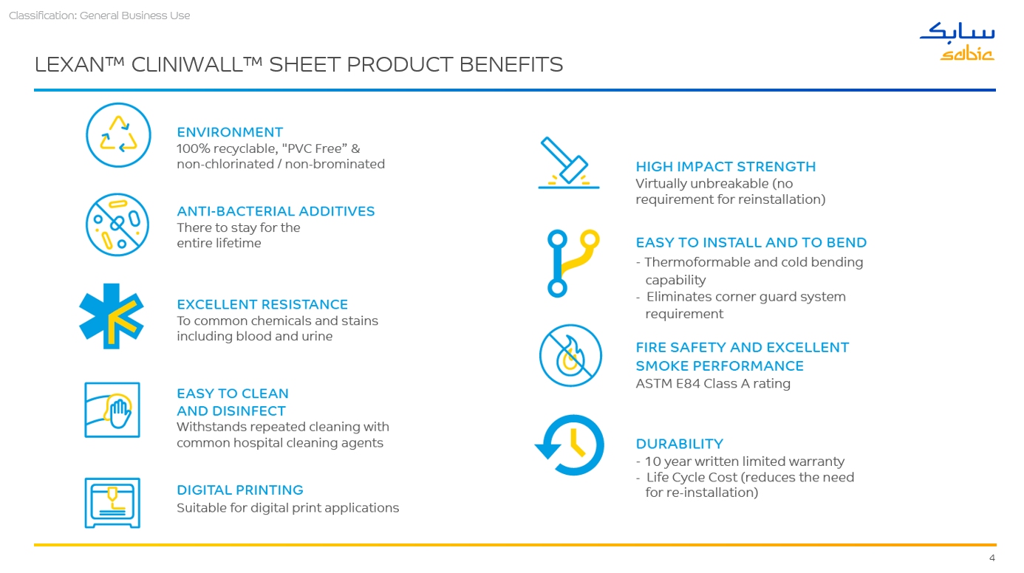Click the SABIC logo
click(x=957, y=41)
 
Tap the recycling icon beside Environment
click(x=118, y=135)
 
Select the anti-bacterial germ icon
click(x=117, y=224)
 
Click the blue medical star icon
click(x=111, y=316)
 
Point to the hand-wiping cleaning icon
click(x=112, y=410)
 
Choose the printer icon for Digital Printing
click(x=112, y=503)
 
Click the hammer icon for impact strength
click(x=569, y=162)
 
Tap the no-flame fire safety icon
click(x=570, y=355)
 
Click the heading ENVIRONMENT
click(x=230, y=132)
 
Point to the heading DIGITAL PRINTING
click(x=240, y=490)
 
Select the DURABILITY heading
click(x=679, y=444)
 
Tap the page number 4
click(x=992, y=558)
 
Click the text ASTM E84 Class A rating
click(x=713, y=383)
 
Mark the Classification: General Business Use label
click(x=99, y=16)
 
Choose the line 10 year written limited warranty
click(x=745, y=462)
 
